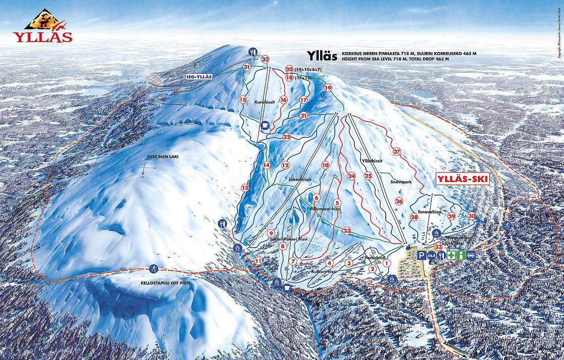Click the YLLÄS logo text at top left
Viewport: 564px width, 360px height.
coord(43,36)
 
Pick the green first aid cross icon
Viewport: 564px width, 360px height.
coord(451,256)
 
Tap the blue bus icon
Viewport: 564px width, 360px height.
coord(471,256)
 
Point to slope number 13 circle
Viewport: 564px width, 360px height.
coord(245,188)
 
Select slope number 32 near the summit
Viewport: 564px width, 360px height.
coord(265,59)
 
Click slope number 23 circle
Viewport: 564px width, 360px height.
coord(347,230)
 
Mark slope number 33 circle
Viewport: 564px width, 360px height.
coord(438,246)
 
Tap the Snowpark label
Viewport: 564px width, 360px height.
coord(401,182)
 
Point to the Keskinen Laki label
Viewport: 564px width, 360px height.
coord(162,156)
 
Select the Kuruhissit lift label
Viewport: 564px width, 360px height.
coord(264,102)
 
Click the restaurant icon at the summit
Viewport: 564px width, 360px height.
coord(254,51)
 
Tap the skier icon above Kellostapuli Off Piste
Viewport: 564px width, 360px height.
coord(153,268)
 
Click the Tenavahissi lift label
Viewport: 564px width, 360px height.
coord(429,211)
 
